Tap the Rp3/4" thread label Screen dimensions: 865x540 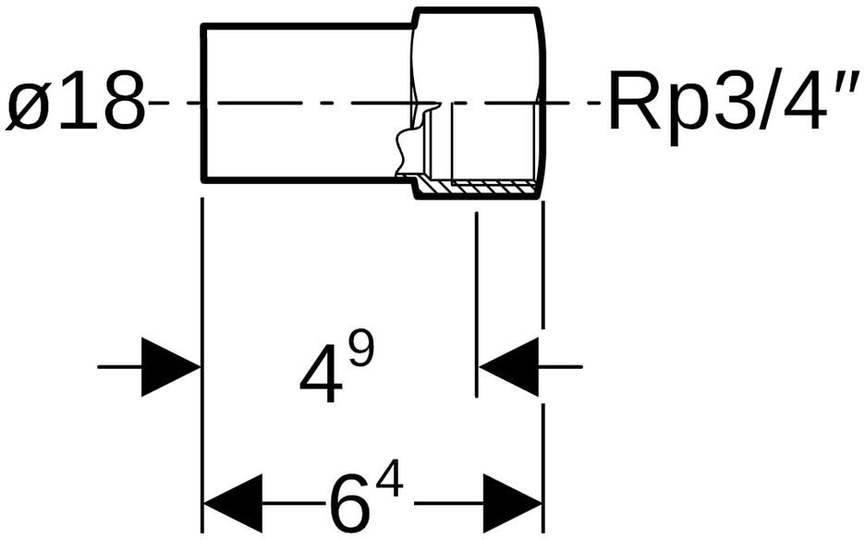733,102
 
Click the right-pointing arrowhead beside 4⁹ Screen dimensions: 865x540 170,366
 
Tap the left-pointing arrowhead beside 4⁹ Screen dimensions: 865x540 508,366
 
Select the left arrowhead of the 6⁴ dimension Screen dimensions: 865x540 233,503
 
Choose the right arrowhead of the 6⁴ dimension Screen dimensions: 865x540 513,503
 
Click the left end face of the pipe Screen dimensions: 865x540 203,104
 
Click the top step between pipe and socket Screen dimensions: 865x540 415,18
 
